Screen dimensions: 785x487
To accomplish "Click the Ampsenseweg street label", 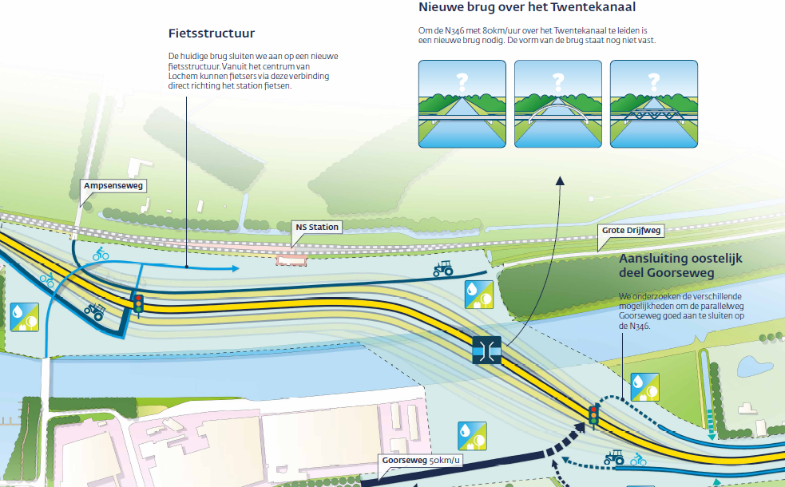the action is (x=113, y=186).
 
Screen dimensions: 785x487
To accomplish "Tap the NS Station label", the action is (x=317, y=228).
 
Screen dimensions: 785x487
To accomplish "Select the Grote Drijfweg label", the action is (x=631, y=231).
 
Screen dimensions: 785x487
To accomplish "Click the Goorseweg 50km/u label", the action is (x=421, y=461).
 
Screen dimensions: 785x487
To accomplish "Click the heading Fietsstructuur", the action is (x=212, y=34).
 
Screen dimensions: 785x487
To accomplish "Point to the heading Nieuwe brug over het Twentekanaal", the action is (x=527, y=7).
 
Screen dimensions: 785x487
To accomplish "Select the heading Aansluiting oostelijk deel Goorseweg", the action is (x=680, y=266).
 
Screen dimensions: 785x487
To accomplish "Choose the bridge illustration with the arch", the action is (x=557, y=104).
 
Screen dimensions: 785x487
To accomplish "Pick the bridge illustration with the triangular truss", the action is (x=654, y=104).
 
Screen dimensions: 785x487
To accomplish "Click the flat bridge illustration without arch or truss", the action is (x=462, y=104).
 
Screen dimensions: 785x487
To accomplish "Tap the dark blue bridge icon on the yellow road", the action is (x=486, y=350).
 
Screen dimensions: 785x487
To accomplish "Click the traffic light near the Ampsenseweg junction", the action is (x=138, y=303).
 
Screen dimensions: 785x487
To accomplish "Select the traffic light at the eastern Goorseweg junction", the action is (x=594, y=415).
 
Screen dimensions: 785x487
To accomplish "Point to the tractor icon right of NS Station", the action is (x=443, y=268).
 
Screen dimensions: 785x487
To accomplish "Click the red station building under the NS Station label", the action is (x=291, y=259).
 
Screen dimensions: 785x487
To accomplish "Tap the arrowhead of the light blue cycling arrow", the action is (x=236, y=268).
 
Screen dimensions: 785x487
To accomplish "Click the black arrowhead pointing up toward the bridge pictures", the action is (x=560, y=180).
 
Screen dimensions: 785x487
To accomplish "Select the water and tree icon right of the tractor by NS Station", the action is (x=478, y=295).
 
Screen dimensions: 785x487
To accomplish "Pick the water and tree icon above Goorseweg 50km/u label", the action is (x=472, y=436).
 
